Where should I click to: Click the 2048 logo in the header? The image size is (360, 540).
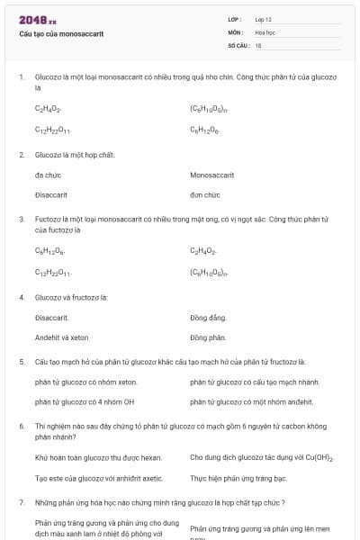[x=38, y=19]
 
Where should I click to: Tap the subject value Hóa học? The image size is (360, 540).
[x=265, y=31]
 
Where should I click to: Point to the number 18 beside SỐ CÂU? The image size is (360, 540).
[x=258, y=44]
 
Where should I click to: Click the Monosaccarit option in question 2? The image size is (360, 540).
[x=212, y=175]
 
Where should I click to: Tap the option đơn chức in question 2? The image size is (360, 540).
[x=205, y=194]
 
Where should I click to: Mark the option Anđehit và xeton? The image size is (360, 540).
[x=62, y=337]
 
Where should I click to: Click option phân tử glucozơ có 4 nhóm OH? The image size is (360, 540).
[x=85, y=401]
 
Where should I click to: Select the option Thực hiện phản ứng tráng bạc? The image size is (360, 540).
[x=238, y=478]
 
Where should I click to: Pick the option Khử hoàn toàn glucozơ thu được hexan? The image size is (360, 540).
[x=98, y=458]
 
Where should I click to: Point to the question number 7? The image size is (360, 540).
[x=21, y=501]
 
